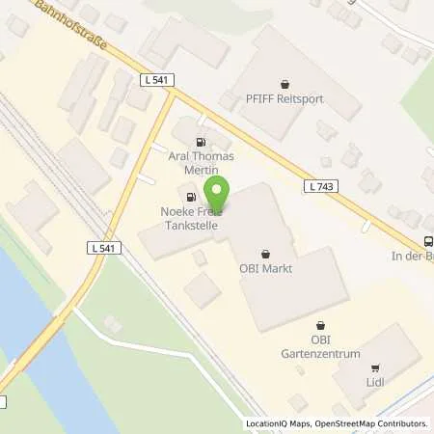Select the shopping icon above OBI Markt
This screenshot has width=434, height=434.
tap(263, 252)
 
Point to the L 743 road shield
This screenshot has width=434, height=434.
tap(320, 185)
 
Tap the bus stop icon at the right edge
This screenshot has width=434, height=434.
tap(427, 243)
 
